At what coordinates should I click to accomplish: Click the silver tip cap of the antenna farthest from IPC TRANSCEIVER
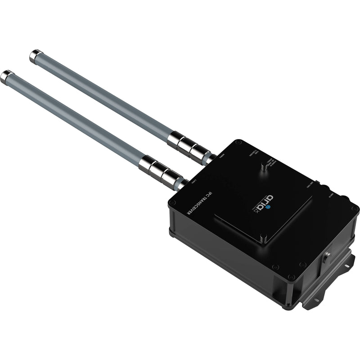click(x=34, y=56)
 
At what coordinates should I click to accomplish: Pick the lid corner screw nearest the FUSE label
click(x=238, y=142)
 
